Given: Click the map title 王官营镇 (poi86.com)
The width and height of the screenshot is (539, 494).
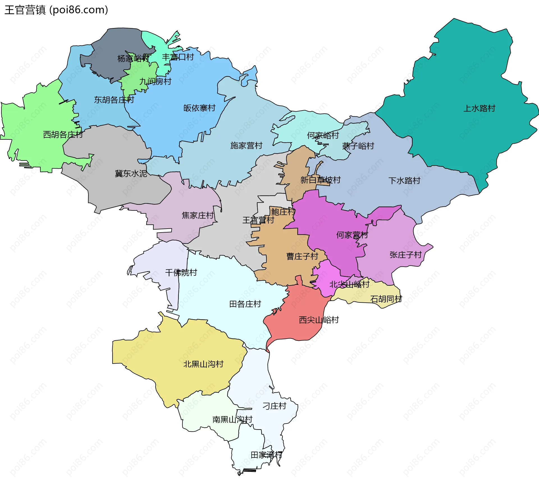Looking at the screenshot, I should pyautogui.click(x=56, y=10).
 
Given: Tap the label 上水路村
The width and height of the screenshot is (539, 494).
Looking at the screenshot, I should pyautogui.click(x=479, y=108).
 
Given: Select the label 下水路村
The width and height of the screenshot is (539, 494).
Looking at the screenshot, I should pyautogui.click(x=404, y=181).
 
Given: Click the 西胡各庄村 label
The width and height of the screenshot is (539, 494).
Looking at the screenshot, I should pyautogui.click(x=63, y=135).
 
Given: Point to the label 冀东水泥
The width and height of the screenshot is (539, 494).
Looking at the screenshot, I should pyautogui.click(x=131, y=174).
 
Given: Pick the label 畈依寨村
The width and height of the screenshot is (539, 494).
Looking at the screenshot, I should pyautogui.click(x=199, y=108).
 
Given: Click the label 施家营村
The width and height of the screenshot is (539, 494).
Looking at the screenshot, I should pyautogui.click(x=246, y=146).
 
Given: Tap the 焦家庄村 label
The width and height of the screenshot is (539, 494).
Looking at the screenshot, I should pyautogui.click(x=198, y=215).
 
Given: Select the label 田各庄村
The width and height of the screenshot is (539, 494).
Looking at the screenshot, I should pyautogui.click(x=245, y=304).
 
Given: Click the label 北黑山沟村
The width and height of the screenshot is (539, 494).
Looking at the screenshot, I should pyautogui.click(x=203, y=364).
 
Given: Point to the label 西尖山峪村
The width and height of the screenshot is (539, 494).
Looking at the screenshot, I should pyautogui.click(x=319, y=320).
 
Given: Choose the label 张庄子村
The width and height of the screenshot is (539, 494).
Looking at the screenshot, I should pyautogui.click(x=406, y=255).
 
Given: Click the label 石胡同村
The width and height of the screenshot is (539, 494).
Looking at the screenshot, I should pyautogui.click(x=386, y=299).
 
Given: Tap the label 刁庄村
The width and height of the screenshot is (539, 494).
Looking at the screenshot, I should pyautogui.click(x=274, y=406).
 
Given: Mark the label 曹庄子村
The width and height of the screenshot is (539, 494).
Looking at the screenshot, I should pyautogui.click(x=302, y=256).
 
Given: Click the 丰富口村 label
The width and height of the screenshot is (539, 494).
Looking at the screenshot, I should pyautogui.click(x=178, y=57).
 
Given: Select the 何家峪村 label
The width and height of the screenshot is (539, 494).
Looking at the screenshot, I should pyautogui.click(x=323, y=135).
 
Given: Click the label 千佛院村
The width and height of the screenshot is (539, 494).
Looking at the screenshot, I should pyautogui.click(x=181, y=273).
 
